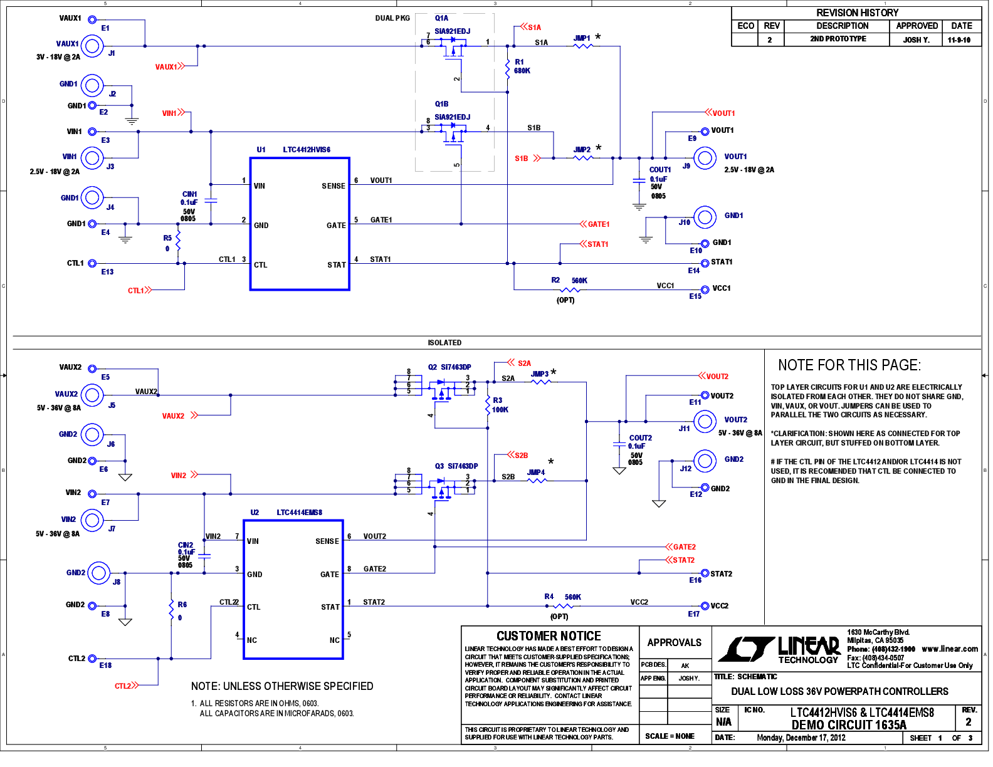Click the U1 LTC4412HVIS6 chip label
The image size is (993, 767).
pos(293,150)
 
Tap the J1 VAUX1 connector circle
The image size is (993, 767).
pos(92,45)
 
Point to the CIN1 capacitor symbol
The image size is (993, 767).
pos(211,201)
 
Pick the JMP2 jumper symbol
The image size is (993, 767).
pos(583,157)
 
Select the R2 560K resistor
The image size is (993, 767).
pos(569,290)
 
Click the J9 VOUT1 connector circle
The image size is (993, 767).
pos(705,158)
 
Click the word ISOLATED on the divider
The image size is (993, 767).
pos(444,343)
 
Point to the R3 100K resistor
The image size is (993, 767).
pos(488,405)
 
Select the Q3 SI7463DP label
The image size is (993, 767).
pos(456,466)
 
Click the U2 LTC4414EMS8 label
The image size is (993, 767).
pos(286,513)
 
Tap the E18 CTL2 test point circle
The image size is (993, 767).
pos(92,659)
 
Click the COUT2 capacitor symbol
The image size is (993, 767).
pos(619,444)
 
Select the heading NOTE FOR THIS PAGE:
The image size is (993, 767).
pos(849,365)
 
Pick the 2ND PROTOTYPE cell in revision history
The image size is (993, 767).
pos(838,39)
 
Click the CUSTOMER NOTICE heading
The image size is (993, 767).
pos(549,636)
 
